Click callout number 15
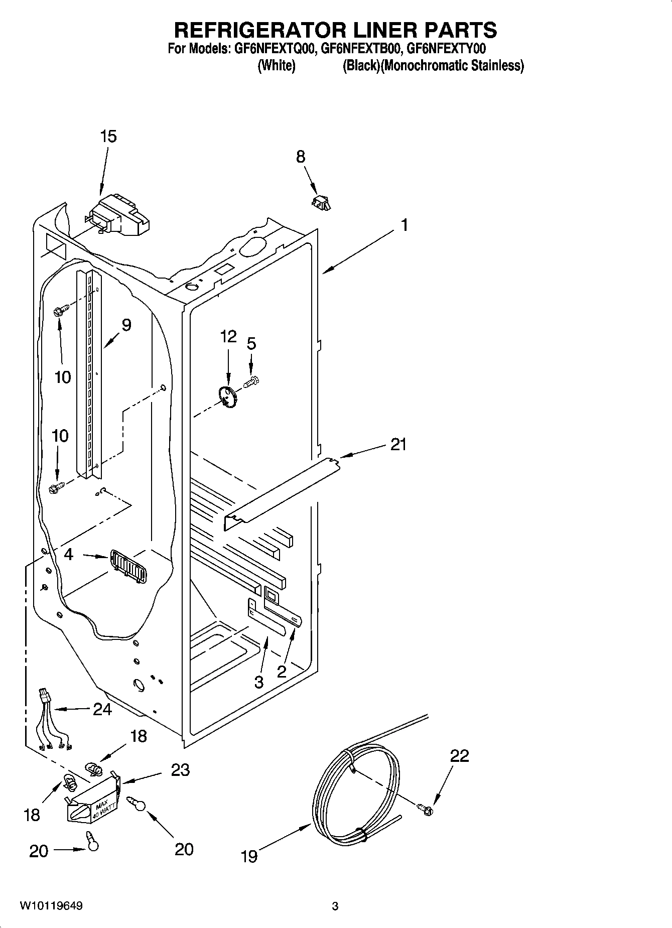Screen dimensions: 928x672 click(108, 136)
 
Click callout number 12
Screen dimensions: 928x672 click(228, 336)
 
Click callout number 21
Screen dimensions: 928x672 click(398, 444)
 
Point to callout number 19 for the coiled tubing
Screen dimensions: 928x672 click(249, 856)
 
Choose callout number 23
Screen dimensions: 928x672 click(180, 770)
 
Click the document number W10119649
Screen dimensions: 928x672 click(51, 906)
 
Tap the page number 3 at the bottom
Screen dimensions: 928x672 click(335, 906)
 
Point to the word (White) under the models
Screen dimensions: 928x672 click(276, 66)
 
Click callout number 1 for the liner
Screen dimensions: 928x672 click(404, 225)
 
